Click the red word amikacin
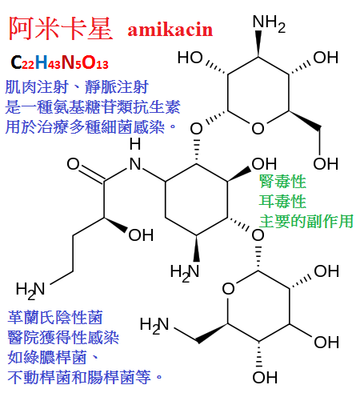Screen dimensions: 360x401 (x=170, y=30)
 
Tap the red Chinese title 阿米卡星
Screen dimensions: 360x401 (x=61, y=28)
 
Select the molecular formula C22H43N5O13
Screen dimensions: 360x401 (x=59, y=62)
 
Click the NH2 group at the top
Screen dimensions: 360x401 (x=269, y=23)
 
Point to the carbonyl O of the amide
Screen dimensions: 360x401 (x=73, y=164)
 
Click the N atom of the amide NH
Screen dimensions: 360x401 (x=135, y=164)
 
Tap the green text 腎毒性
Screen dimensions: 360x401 (x=282, y=182)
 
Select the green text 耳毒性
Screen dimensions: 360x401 (x=282, y=201)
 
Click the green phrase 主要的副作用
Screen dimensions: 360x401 (x=306, y=221)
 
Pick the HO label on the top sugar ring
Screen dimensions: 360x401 (x=190, y=58)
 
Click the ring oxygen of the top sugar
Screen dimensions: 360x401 (x=258, y=128)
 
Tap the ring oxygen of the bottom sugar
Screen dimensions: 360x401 (x=228, y=289)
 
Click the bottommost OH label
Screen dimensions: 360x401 (x=265, y=377)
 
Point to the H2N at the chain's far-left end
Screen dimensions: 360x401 (x=30, y=290)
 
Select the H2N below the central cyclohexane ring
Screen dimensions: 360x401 (x=185, y=273)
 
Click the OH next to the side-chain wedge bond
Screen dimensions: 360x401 (x=141, y=235)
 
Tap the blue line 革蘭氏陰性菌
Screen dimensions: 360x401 (x=55, y=318)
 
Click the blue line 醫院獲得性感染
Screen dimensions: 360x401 (x=63, y=337)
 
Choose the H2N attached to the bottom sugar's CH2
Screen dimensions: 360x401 (x=154, y=325)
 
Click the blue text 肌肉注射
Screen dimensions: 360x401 (x=37, y=87)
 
